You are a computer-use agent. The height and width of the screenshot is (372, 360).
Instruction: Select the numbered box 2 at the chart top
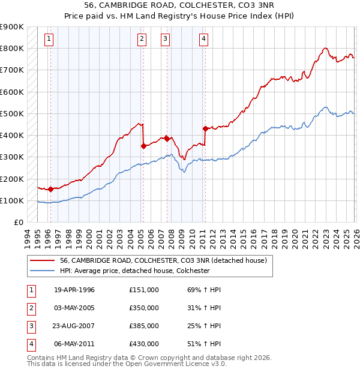(x=142, y=39)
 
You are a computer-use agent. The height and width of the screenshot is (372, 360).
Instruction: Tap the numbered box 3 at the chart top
(x=165, y=39)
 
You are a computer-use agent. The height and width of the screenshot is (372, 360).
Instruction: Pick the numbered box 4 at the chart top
(x=203, y=39)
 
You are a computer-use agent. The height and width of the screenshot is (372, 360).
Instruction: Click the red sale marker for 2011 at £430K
(x=205, y=128)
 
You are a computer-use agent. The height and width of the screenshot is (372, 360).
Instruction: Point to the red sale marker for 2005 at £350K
(x=143, y=146)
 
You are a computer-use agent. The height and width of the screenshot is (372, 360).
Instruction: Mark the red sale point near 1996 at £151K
(x=51, y=189)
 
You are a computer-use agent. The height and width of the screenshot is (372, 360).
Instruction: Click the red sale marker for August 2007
(x=167, y=138)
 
